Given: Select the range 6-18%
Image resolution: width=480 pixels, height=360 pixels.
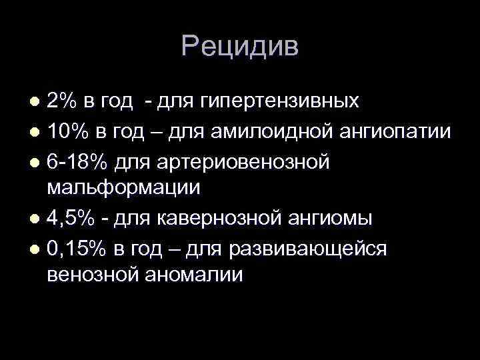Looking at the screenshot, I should tap(79, 160).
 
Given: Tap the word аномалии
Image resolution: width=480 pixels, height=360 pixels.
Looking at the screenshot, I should tap(197, 276).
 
